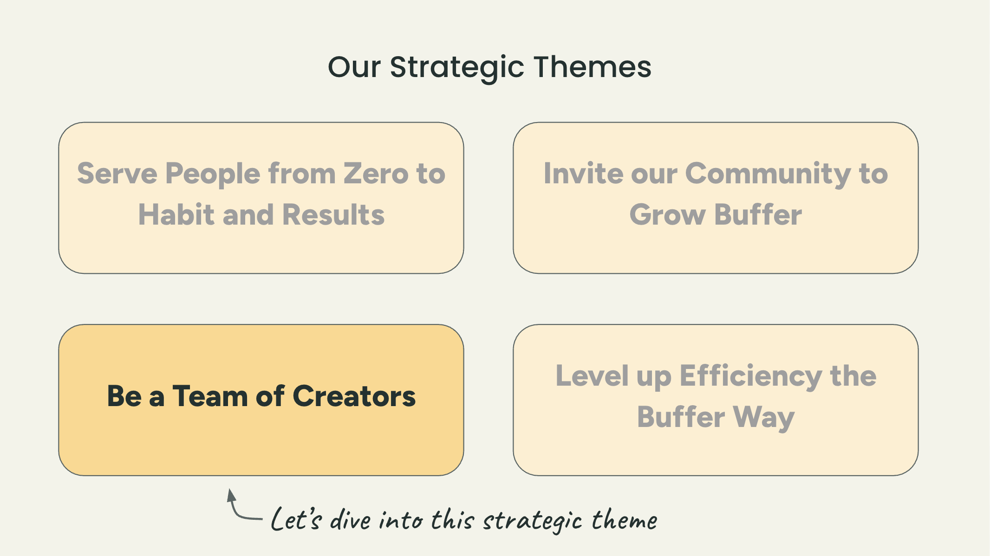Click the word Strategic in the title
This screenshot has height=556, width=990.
pyautogui.click(x=457, y=68)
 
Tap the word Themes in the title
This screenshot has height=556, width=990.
pyautogui.click(x=593, y=67)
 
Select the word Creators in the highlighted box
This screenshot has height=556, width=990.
pyautogui.click(x=354, y=396)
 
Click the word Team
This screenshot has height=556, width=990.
pyautogui.click(x=210, y=396)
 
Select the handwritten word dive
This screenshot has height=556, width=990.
pyautogui.click(x=350, y=519)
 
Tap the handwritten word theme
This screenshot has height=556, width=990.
pyautogui.click(x=625, y=519)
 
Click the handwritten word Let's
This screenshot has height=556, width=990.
pyautogui.click(x=296, y=519)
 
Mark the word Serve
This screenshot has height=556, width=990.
pyautogui.click(x=117, y=174)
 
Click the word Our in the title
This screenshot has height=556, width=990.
pyautogui.click(x=354, y=67)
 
